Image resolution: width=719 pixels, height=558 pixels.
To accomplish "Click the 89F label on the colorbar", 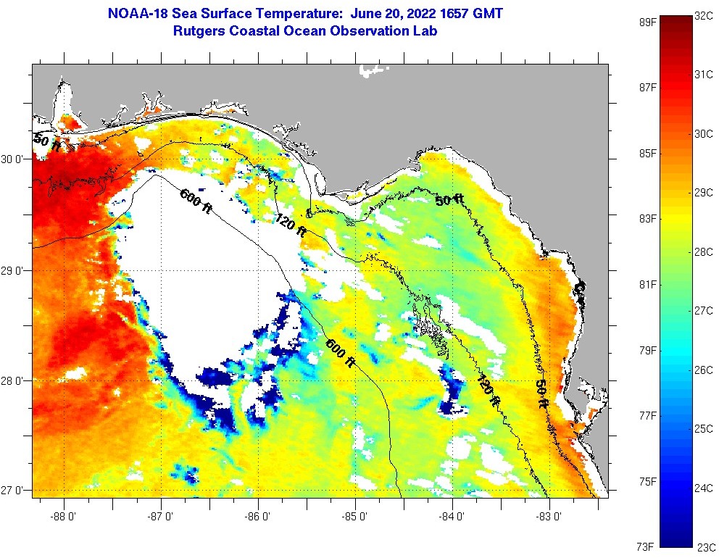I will click(x=647, y=22).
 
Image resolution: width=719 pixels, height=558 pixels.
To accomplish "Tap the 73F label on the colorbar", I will click(x=647, y=546).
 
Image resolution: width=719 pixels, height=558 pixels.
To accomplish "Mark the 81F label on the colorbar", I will click(x=647, y=284).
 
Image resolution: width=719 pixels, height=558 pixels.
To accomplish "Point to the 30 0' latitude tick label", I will click(x=14, y=159).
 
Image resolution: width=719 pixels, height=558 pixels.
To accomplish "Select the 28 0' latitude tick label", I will click(x=14, y=381).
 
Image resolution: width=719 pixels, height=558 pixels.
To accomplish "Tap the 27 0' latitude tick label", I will click(x=14, y=491).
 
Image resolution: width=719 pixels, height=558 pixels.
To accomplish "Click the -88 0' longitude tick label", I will click(x=64, y=517).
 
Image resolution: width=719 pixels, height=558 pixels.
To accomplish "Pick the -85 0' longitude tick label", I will click(x=355, y=517).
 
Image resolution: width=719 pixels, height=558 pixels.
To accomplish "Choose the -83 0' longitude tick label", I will click(x=549, y=517).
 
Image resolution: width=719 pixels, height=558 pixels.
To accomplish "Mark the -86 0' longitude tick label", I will click(x=258, y=517).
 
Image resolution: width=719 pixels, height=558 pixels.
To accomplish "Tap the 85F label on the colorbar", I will click(x=647, y=153).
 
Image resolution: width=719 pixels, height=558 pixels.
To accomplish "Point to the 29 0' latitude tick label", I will click(x=14, y=271).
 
